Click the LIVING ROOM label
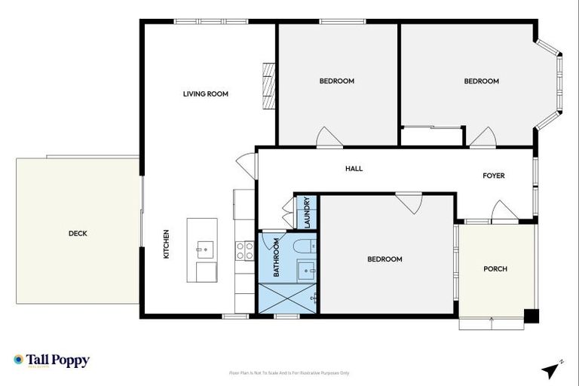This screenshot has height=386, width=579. coord(205,94)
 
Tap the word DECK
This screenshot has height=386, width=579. coord(78,234)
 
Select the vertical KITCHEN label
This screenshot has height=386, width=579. coord(167,244)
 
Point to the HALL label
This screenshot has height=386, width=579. coord(354,169)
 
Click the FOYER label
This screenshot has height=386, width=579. coord(494,176)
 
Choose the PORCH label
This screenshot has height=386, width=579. coord(495,269)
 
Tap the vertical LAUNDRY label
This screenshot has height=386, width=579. coord(308,213)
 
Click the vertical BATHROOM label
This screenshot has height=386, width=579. coord(277,258)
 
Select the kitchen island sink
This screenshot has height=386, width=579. coord(203,247)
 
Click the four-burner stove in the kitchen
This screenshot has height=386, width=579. coord(245,250)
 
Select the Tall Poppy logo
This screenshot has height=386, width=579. coord(51,360)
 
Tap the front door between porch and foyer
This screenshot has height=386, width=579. coord(503,213)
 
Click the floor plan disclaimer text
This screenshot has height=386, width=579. coord(289,373)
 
